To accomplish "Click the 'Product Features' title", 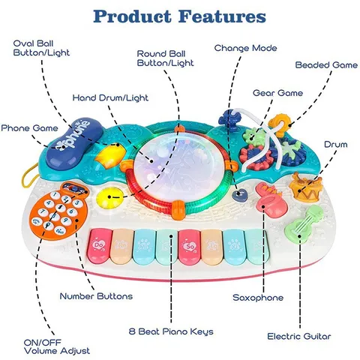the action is (179, 16).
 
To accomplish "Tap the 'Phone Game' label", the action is (29, 128).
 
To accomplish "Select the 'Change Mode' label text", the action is (245, 48).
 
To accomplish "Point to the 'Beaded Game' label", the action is (326, 65).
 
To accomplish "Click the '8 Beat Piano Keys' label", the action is (171, 331).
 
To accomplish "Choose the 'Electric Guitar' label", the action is (299, 336).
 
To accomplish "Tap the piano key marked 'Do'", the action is (100, 246).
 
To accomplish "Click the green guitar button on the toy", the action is (304, 223).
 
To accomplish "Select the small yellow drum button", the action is (305, 187).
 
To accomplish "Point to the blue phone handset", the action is (75, 143).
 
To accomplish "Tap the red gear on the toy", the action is (253, 155).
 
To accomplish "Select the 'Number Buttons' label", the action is (96, 296).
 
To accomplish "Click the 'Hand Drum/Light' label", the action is (110, 97).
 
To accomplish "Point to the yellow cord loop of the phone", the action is (28, 175).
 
